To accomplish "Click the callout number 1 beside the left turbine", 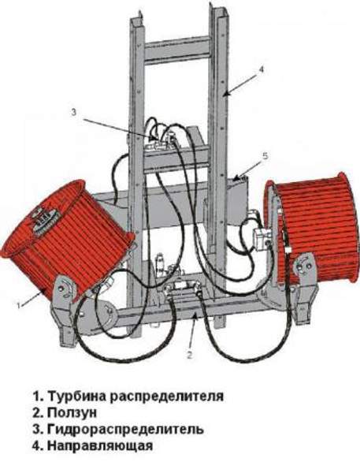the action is pos(19,305).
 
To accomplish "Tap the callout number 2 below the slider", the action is pos(189,355).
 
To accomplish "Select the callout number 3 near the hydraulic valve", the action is pos(74,112).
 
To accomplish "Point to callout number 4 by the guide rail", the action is pos(261,69).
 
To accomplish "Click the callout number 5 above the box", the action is pos(265,156).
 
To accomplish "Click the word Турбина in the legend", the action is pos(77,396).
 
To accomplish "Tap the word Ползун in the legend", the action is pos(72,412).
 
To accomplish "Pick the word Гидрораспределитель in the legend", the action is pos(125,429).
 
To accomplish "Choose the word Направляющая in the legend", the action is pos(100,445).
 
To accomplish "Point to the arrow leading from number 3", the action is pos(121,129).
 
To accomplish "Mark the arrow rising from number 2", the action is pos(193,332).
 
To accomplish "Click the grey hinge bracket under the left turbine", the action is pos(63,307).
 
